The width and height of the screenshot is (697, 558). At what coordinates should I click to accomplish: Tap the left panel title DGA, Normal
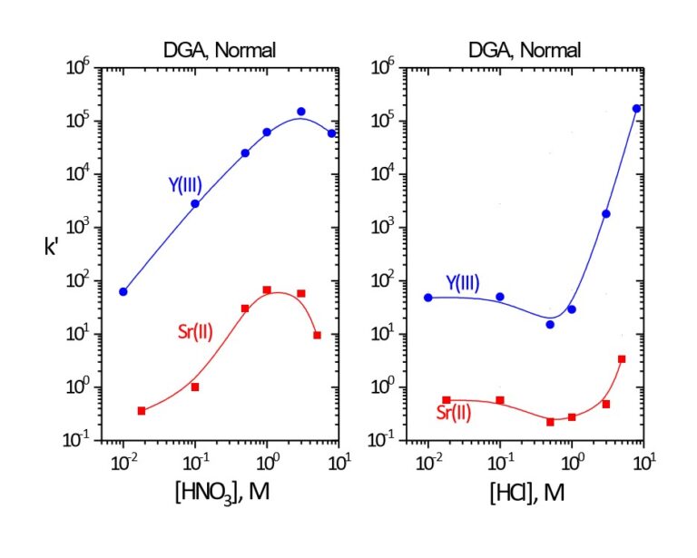tap(231, 49)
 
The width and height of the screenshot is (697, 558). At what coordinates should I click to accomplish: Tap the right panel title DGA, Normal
tap(535, 49)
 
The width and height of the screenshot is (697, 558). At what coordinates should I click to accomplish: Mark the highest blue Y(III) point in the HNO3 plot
tap(301, 112)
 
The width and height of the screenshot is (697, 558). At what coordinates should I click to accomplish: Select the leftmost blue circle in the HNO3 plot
tap(123, 291)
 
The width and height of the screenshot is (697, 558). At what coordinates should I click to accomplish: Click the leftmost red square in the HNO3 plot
tap(142, 411)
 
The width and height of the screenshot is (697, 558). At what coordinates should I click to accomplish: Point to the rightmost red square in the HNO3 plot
tap(317, 335)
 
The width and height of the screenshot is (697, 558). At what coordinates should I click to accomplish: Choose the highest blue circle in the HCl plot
tap(636, 109)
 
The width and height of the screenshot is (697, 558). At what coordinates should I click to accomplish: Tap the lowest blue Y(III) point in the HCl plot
tap(550, 324)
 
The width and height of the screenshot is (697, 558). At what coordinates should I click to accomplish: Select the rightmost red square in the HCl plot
tap(622, 359)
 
